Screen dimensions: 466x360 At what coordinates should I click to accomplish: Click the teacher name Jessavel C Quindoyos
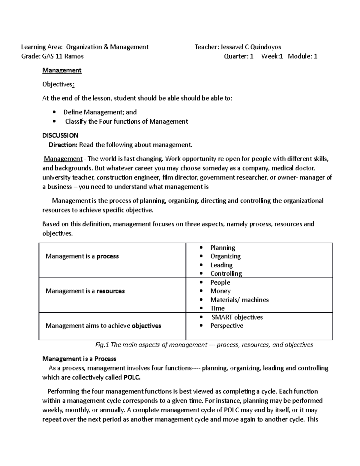coord(250,47)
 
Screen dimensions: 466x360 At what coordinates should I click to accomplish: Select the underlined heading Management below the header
coord(62,70)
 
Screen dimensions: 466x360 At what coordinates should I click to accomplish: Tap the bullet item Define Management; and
coord(100,112)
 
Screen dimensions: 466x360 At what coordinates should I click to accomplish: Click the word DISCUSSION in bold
coord(60,135)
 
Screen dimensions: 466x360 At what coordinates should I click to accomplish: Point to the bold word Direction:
coord(63,145)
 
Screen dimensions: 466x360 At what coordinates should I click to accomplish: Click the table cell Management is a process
coord(82,256)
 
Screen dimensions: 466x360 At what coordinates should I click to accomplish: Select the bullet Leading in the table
coord(221,265)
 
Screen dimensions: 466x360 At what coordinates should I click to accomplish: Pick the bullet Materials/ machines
coord(239,300)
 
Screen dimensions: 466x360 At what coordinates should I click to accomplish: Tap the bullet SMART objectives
coord(237,317)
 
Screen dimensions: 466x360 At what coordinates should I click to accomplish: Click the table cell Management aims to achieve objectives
coord(103,326)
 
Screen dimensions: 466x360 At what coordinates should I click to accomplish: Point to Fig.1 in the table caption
coord(102,345)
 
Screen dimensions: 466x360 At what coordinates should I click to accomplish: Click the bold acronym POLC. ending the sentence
coord(132,377)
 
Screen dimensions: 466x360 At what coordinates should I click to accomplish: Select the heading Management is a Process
coord(79,359)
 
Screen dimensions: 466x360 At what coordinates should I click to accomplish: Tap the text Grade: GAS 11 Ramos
coord(52,56)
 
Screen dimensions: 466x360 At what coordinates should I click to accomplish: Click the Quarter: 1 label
coord(239,56)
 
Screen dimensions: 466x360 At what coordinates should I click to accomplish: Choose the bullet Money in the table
coord(220,291)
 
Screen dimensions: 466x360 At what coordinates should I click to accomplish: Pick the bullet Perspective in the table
coord(226,326)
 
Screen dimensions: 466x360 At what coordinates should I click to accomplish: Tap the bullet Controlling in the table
coord(226,274)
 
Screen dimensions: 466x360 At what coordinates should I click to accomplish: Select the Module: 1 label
coord(302,56)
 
